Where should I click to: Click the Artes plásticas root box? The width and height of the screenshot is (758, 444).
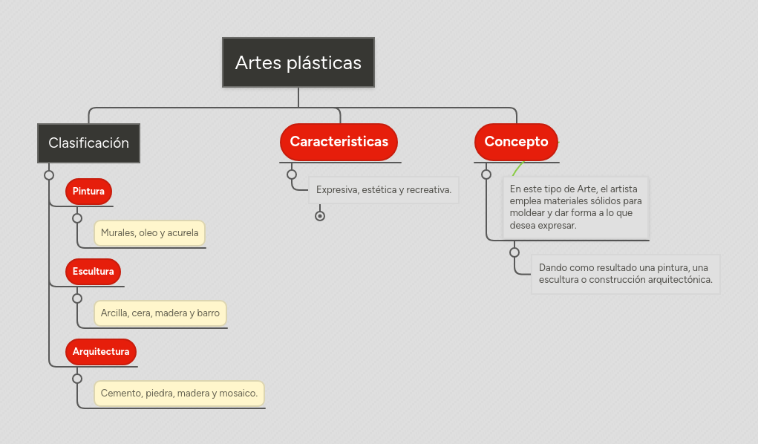298,62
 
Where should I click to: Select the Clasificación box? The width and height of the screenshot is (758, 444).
88,143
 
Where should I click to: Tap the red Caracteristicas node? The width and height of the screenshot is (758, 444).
339,142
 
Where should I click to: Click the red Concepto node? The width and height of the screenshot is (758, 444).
516,142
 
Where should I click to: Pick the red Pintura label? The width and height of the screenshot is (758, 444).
88,192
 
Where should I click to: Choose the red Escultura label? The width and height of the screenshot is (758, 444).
93,271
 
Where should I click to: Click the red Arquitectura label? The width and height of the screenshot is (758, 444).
101,351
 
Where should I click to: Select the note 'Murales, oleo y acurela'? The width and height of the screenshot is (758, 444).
149,233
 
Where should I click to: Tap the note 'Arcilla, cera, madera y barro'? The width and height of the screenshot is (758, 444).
160,313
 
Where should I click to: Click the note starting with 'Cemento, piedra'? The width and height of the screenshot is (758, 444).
179,394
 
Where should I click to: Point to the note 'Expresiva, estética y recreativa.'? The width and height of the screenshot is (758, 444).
384,190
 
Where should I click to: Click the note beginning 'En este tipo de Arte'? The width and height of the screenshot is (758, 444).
575,207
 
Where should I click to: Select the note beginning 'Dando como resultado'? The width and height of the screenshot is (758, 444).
625,274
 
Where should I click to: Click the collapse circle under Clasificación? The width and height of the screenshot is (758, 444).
49,175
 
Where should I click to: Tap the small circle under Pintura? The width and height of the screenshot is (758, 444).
77,218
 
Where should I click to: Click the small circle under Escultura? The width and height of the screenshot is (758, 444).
77,298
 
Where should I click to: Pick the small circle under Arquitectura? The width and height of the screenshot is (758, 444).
77,378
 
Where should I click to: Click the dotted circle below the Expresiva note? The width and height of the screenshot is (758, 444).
320,216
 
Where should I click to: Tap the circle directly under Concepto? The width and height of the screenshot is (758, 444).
486,174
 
